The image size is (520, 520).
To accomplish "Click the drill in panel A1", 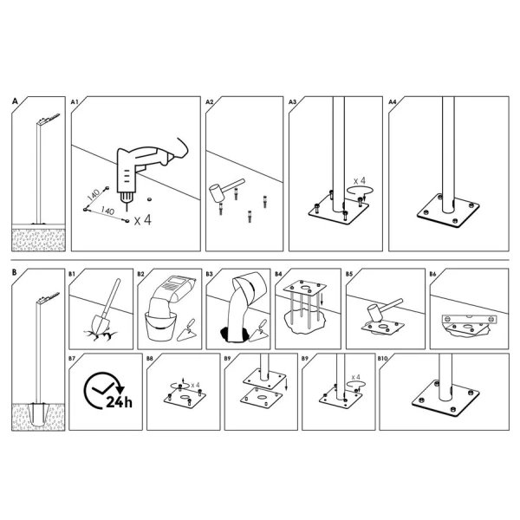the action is (143, 172).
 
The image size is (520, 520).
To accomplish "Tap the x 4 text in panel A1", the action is (143, 220).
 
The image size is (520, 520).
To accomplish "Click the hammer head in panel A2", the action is (217, 193).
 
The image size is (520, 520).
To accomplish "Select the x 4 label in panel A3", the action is (359, 181).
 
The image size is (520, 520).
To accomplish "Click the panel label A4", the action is (393, 101).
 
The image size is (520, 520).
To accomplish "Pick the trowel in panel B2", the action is (187, 331).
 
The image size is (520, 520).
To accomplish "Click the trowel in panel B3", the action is (260, 331).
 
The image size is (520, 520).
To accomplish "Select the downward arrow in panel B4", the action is (322, 299).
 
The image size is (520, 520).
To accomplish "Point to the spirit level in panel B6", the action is (470, 319).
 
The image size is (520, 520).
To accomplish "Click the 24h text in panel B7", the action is (119, 402).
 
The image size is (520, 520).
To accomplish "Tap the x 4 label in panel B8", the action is (195, 386).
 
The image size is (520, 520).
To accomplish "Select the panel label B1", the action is (72, 274).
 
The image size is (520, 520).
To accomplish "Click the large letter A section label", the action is (15, 101).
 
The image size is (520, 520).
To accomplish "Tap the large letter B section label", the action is (14, 273).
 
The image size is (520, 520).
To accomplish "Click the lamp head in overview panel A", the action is (49, 119).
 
